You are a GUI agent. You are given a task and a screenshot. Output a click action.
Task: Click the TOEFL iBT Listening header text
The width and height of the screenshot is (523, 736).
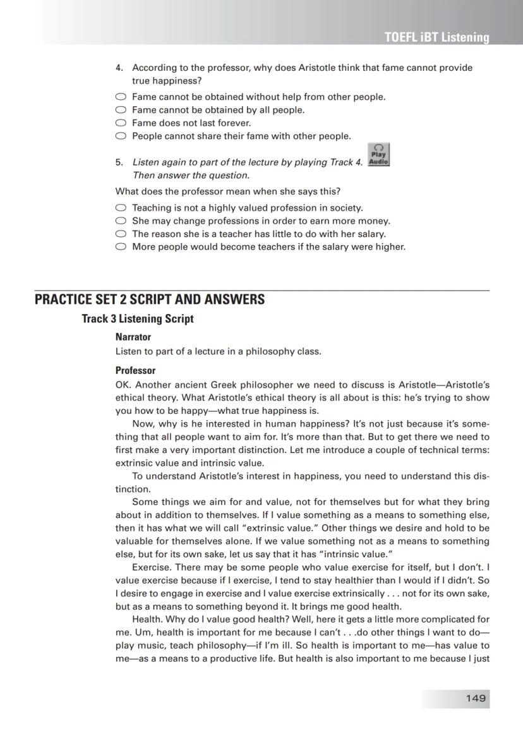tap(436, 37)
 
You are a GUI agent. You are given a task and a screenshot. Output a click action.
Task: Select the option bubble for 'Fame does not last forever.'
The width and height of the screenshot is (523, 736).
tap(121, 123)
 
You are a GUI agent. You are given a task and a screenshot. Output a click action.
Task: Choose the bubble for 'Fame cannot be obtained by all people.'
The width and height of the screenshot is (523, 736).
tap(121, 110)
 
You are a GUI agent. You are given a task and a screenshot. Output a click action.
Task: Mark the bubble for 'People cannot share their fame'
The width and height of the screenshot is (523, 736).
tap(121, 136)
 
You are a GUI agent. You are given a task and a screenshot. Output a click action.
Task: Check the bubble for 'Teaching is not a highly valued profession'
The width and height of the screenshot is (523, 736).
tap(121, 208)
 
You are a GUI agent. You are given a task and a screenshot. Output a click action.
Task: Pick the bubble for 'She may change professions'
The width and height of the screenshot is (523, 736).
tap(121, 221)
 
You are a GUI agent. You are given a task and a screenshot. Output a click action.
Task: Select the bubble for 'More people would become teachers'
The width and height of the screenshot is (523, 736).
tap(121, 247)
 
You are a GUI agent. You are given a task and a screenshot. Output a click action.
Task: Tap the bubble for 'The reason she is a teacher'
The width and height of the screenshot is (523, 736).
tap(121, 234)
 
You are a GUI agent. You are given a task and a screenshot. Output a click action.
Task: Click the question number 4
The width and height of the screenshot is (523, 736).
tap(119, 68)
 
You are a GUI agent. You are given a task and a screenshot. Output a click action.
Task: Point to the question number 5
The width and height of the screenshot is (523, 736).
tap(119, 162)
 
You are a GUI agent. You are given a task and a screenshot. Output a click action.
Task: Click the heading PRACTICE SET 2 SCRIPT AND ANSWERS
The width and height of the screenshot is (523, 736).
tap(150, 299)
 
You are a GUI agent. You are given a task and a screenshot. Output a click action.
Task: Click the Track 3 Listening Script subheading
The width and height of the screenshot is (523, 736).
tap(138, 319)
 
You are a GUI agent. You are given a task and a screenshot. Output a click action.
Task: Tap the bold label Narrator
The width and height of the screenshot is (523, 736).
tap(133, 337)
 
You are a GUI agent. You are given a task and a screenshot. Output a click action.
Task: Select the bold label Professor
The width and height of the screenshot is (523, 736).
tap(135, 371)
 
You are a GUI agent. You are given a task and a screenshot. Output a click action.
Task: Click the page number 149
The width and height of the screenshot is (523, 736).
tap(476, 698)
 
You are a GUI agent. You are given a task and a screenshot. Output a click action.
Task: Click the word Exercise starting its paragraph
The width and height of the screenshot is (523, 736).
tap(151, 567)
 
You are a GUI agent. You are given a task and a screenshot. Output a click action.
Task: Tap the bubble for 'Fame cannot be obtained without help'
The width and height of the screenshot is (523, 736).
tap(121, 97)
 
